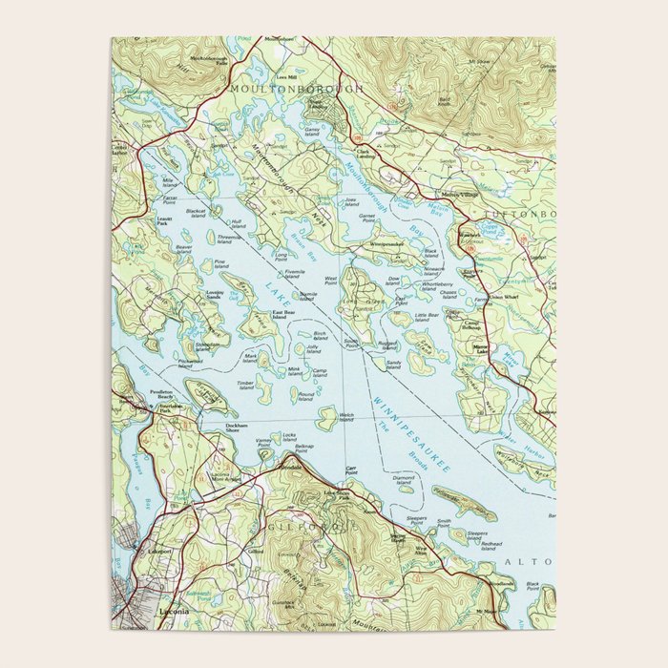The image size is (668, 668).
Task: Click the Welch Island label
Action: pos(345,417)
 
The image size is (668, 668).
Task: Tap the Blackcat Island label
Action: pos(196,214)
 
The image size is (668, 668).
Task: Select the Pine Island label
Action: pos(220,264)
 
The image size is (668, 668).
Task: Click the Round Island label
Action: pos(305,396)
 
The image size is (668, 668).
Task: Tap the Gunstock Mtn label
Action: pos(283,603)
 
